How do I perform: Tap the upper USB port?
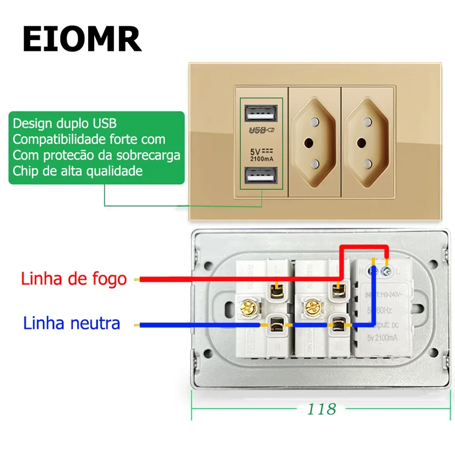pyautogui.click(x=258, y=113)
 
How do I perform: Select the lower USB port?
pyautogui.click(x=258, y=176)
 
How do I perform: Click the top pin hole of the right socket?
pyautogui.click(x=367, y=122)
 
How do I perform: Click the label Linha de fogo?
pyautogui.click(x=74, y=278)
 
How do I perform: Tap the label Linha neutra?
pyautogui.click(x=72, y=324)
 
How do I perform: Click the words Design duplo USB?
pyautogui.click(x=65, y=123)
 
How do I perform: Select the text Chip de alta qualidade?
pyautogui.click(x=77, y=171)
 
